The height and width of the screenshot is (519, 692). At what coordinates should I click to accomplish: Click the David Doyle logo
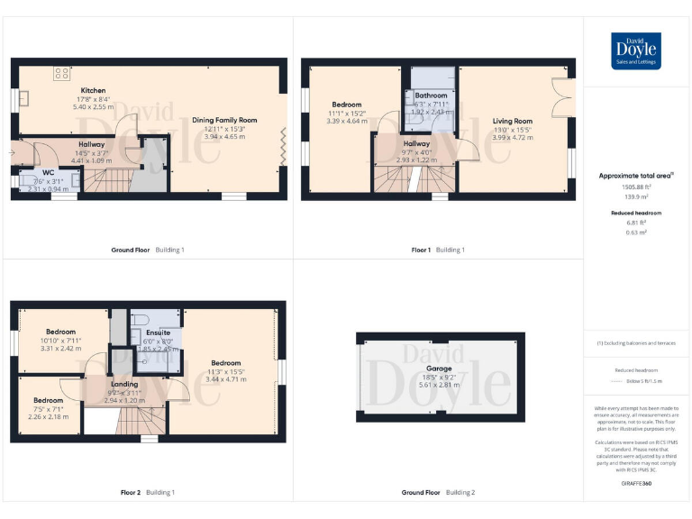click(636, 50)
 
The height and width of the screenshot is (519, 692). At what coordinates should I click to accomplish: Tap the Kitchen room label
click(94, 91)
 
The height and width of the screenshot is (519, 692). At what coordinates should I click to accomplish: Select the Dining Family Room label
click(224, 120)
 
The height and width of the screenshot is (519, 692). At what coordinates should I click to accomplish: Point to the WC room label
click(48, 172)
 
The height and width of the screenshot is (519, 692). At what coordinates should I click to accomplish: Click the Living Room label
click(512, 121)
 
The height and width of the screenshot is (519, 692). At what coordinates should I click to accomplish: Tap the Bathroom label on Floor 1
click(431, 96)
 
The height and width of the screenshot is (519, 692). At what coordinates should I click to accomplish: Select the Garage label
click(439, 369)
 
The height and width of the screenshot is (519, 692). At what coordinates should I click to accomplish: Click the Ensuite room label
click(158, 332)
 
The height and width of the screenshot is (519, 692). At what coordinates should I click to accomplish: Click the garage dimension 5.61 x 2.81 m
click(439, 385)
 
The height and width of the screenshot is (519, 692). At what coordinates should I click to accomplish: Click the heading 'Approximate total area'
click(634, 176)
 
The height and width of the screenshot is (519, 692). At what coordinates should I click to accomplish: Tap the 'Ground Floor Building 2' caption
click(438, 493)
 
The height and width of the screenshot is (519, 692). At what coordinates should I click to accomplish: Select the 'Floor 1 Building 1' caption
click(437, 250)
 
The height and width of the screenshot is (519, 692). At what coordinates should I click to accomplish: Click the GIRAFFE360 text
click(635, 485)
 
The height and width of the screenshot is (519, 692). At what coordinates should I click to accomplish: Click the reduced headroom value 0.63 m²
click(636, 232)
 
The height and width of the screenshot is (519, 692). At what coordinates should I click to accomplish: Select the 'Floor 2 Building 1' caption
click(148, 493)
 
